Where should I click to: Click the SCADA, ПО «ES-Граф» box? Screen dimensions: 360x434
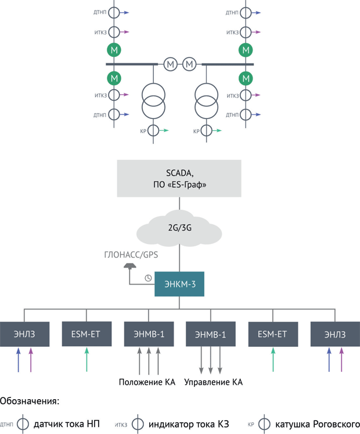(179, 178)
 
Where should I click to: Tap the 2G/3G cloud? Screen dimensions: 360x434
(179, 228)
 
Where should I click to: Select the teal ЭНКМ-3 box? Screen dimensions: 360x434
(179, 284)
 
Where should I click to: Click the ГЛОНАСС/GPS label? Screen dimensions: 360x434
(131, 254)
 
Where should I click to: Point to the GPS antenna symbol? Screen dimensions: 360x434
(130, 266)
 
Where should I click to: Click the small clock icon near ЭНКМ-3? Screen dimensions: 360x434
(149, 278)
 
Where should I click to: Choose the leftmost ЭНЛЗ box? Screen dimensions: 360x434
(24, 334)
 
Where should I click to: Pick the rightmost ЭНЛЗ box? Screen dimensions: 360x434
(335, 334)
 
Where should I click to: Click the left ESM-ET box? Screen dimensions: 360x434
(87, 334)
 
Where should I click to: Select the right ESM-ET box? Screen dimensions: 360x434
(273, 334)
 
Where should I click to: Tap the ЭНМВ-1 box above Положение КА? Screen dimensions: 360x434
(149, 334)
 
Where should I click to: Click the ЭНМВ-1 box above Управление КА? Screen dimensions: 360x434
(211, 334)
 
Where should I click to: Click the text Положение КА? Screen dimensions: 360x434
(147, 382)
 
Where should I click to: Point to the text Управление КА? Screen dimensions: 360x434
(213, 382)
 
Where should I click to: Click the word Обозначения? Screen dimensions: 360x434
(30, 401)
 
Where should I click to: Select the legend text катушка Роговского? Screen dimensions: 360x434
(318, 424)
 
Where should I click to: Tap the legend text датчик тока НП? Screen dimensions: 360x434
(67, 424)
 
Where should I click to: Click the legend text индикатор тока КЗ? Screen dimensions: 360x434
(189, 424)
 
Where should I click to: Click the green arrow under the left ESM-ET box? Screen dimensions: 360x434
(87, 360)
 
